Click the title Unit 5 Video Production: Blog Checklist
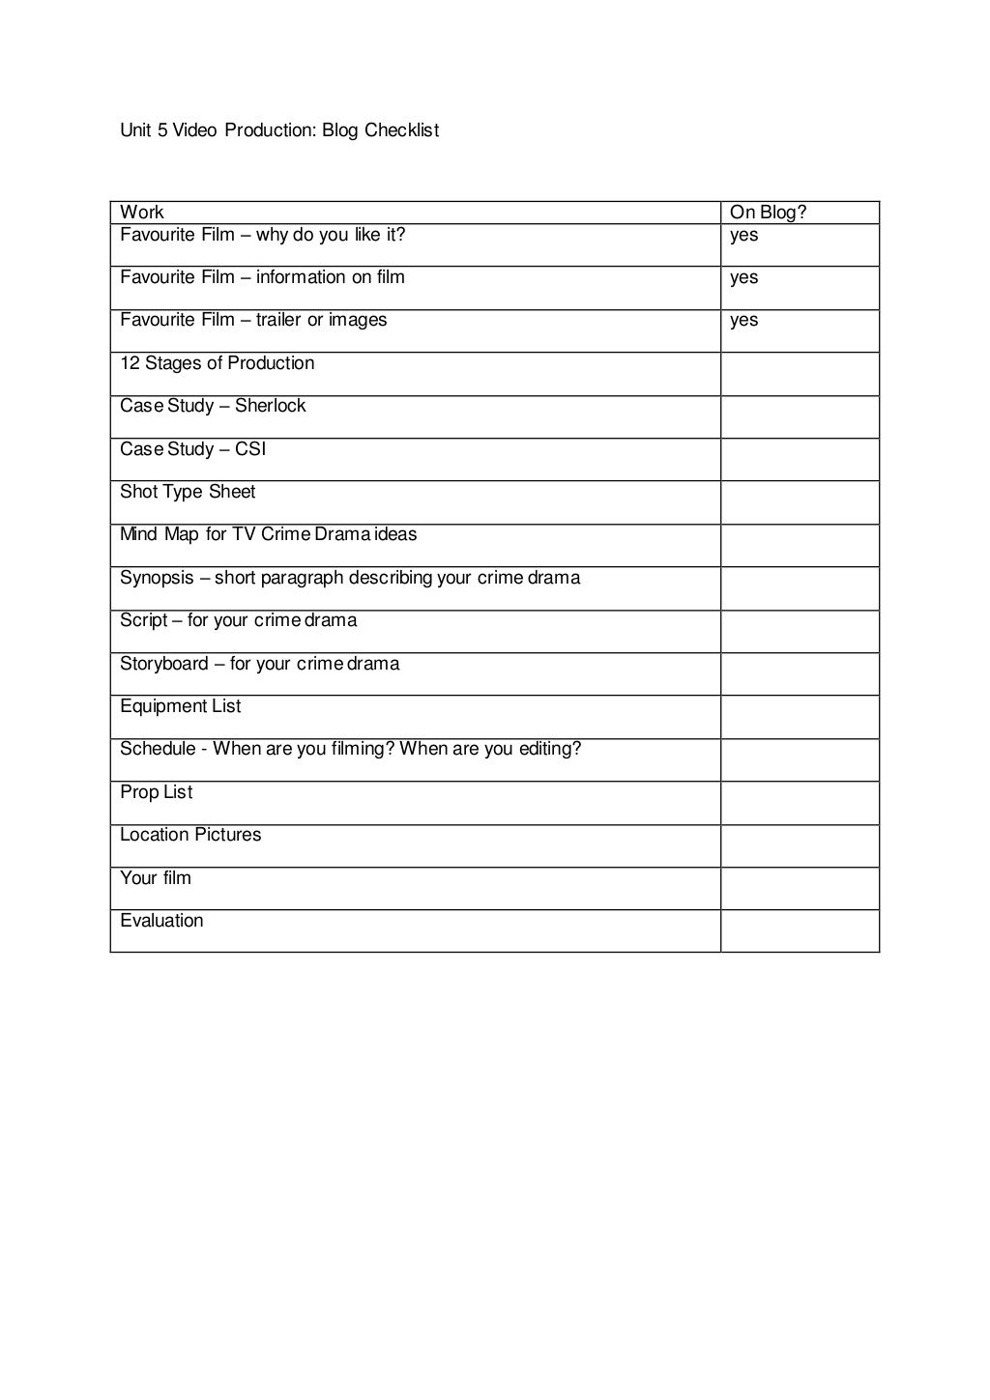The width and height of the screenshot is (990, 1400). coord(279,130)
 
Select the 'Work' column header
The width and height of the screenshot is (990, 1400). coord(142,213)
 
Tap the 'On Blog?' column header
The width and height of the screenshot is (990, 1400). coord(768,213)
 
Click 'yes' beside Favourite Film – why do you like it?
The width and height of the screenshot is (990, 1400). coord(744,235)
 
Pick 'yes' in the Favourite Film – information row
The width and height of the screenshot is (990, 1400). coord(744,278)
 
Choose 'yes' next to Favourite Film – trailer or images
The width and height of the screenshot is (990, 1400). coord(744,321)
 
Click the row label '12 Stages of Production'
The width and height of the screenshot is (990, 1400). coord(218,363)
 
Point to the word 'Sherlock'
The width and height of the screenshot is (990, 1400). coord(270,406)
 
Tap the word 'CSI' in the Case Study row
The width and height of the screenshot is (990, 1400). coord(250,449)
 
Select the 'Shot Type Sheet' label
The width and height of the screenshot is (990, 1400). coord(188,492)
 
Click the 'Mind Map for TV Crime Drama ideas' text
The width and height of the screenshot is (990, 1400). coord(269,534)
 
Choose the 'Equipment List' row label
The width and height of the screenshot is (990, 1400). coord(181,706)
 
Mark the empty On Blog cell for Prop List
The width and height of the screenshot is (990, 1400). coord(800,803)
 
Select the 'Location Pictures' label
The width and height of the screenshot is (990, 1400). coord(190,835)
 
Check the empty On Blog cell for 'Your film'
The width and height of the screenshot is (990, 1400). coord(800,889)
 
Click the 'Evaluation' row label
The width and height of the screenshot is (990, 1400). coord(161,921)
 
